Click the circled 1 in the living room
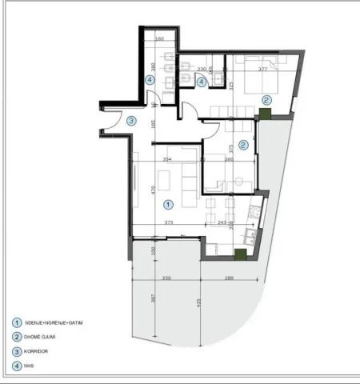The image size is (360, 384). pyautogui.click(x=166, y=205)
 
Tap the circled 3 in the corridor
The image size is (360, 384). pyautogui.click(x=131, y=121)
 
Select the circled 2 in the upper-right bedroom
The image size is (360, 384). pyautogui.click(x=266, y=100)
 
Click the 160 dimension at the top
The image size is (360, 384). pyautogui.click(x=159, y=38)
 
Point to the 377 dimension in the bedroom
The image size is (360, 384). pyautogui.click(x=262, y=69)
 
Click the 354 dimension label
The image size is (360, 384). pyautogui.click(x=168, y=160)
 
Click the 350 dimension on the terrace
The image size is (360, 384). pyautogui.click(x=166, y=278)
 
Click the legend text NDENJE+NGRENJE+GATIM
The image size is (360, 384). pyautogui.click(x=55, y=322)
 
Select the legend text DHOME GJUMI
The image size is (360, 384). pyautogui.click(x=44, y=338)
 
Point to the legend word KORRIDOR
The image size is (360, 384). pyautogui.click(x=42, y=353)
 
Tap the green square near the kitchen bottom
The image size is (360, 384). pyautogui.click(x=239, y=254)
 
